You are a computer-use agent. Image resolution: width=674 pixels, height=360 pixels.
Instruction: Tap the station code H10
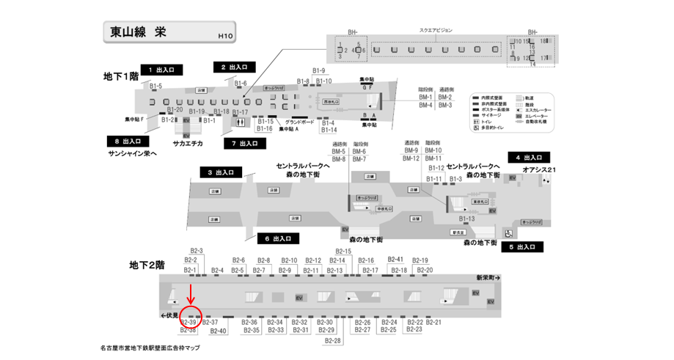click(x=225, y=35)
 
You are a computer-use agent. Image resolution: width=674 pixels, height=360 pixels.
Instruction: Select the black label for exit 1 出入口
click(x=161, y=70)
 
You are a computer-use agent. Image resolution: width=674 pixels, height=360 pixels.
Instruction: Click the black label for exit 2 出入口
click(x=233, y=67)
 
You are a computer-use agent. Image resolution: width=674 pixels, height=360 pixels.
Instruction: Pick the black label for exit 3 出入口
click(x=220, y=172)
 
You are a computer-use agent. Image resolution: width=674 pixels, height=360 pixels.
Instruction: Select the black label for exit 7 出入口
click(x=244, y=143)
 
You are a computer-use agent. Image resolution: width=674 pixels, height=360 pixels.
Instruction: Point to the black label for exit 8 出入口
click(x=128, y=141)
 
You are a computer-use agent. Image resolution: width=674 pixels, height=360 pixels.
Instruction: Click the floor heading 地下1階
click(x=120, y=76)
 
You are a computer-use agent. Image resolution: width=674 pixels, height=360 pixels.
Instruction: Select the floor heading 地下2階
click(x=146, y=264)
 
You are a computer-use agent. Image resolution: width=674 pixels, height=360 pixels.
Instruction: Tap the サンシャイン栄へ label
click(x=133, y=153)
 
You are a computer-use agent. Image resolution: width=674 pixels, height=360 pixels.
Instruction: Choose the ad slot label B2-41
click(x=395, y=260)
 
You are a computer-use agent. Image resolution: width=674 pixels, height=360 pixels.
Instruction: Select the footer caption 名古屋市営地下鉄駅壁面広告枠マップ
click(x=150, y=348)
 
